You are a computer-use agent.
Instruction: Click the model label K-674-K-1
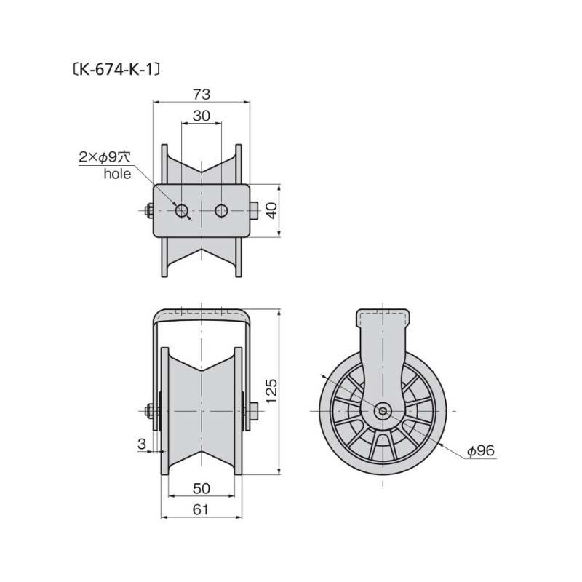(x=117, y=69)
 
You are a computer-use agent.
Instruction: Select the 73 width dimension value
(x=202, y=95)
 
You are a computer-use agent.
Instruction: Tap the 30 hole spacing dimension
(x=202, y=116)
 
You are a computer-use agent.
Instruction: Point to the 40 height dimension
(x=271, y=210)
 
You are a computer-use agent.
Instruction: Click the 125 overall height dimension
(x=271, y=391)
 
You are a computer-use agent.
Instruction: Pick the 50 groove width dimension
(x=202, y=488)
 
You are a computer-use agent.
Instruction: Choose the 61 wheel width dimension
(x=201, y=510)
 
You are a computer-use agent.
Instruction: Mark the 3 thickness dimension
(x=142, y=444)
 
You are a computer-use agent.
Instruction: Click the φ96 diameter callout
(x=482, y=450)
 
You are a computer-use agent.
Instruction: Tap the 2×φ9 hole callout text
(x=105, y=157)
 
